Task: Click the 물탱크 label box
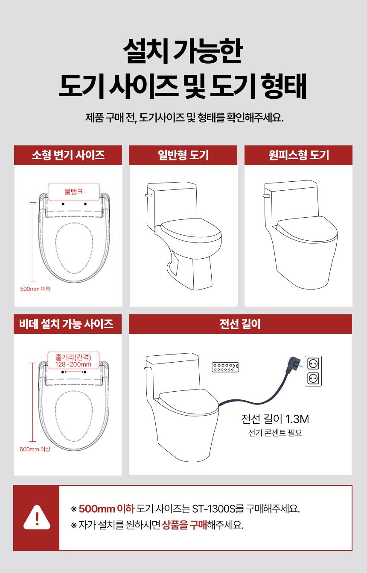pyautogui.click(x=74, y=192)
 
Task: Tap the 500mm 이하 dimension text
pyautogui.click(x=35, y=289)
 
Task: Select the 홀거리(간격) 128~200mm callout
pyautogui.click(x=73, y=360)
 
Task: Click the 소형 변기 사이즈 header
pyautogui.click(x=68, y=155)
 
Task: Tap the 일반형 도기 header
pyautogui.click(x=183, y=155)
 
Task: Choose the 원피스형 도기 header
pyautogui.click(x=298, y=155)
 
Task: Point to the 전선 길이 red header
pyautogui.click(x=240, y=324)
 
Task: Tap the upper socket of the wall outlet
pyautogui.click(x=313, y=363)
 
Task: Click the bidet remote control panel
pyautogui.click(x=225, y=367)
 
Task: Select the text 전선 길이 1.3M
pyautogui.click(x=275, y=419)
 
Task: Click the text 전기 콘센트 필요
pyautogui.click(x=275, y=433)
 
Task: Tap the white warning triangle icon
pyautogui.click(x=37, y=517)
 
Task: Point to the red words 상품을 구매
pyautogui.click(x=184, y=525)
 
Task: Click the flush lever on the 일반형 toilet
pyautogui.click(x=149, y=195)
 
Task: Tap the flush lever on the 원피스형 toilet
pyautogui.click(x=266, y=196)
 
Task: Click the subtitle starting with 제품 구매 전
pyautogui.click(x=184, y=118)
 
